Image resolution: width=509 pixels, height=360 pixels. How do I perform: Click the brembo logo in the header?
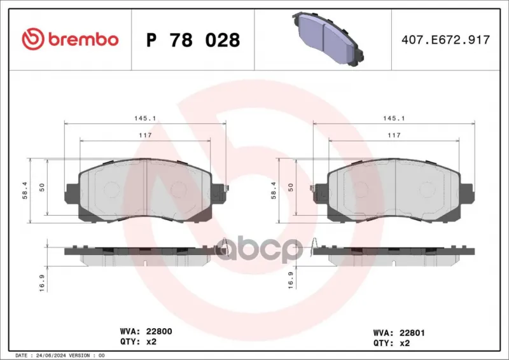[x=70, y=39]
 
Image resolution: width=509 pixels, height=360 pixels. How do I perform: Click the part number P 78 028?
[x=193, y=40]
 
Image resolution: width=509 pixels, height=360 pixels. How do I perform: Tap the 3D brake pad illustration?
[x=328, y=39]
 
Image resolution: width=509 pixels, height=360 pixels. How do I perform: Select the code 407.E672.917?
[x=445, y=39]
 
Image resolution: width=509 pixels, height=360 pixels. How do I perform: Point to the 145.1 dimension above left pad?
[x=145, y=118]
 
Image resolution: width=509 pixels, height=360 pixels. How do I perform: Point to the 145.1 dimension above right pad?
[x=394, y=118]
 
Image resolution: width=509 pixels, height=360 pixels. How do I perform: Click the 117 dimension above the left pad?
[x=145, y=135]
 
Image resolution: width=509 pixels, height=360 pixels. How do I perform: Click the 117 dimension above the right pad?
[x=394, y=135]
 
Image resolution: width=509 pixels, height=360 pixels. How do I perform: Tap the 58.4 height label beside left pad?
[x=25, y=191]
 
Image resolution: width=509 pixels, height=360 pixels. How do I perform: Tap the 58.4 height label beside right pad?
[x=274, y=191]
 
